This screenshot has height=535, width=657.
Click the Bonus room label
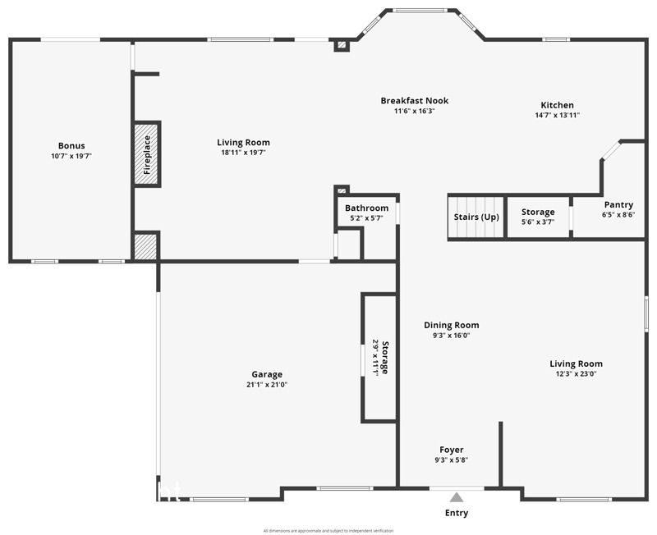click(71, 146)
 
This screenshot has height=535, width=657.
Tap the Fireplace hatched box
click(146, 154)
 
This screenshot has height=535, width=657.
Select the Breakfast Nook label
click(414, 101)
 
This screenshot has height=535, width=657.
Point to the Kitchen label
click(557, 105)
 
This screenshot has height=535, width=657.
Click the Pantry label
click(618, 204)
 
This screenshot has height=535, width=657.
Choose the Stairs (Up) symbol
click(476, 217)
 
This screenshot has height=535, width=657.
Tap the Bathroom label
click(366, 208)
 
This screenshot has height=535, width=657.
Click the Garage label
click(267, 374)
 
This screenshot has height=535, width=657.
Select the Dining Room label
click(451, 325)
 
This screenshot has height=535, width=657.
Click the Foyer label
click(451, 450)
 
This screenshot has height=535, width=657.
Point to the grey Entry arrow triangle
click(457, 496)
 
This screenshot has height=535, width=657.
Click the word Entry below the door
click(457, 514)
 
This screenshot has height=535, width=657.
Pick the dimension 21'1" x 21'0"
click(267, 384)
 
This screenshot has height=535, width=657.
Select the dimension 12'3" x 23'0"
click(576, 373)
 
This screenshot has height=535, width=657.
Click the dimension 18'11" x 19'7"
click(243, 152)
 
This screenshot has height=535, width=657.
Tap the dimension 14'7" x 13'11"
click(557, 115)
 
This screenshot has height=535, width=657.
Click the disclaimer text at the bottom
click(328, 531)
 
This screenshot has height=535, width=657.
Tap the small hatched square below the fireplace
click(145, 248)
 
